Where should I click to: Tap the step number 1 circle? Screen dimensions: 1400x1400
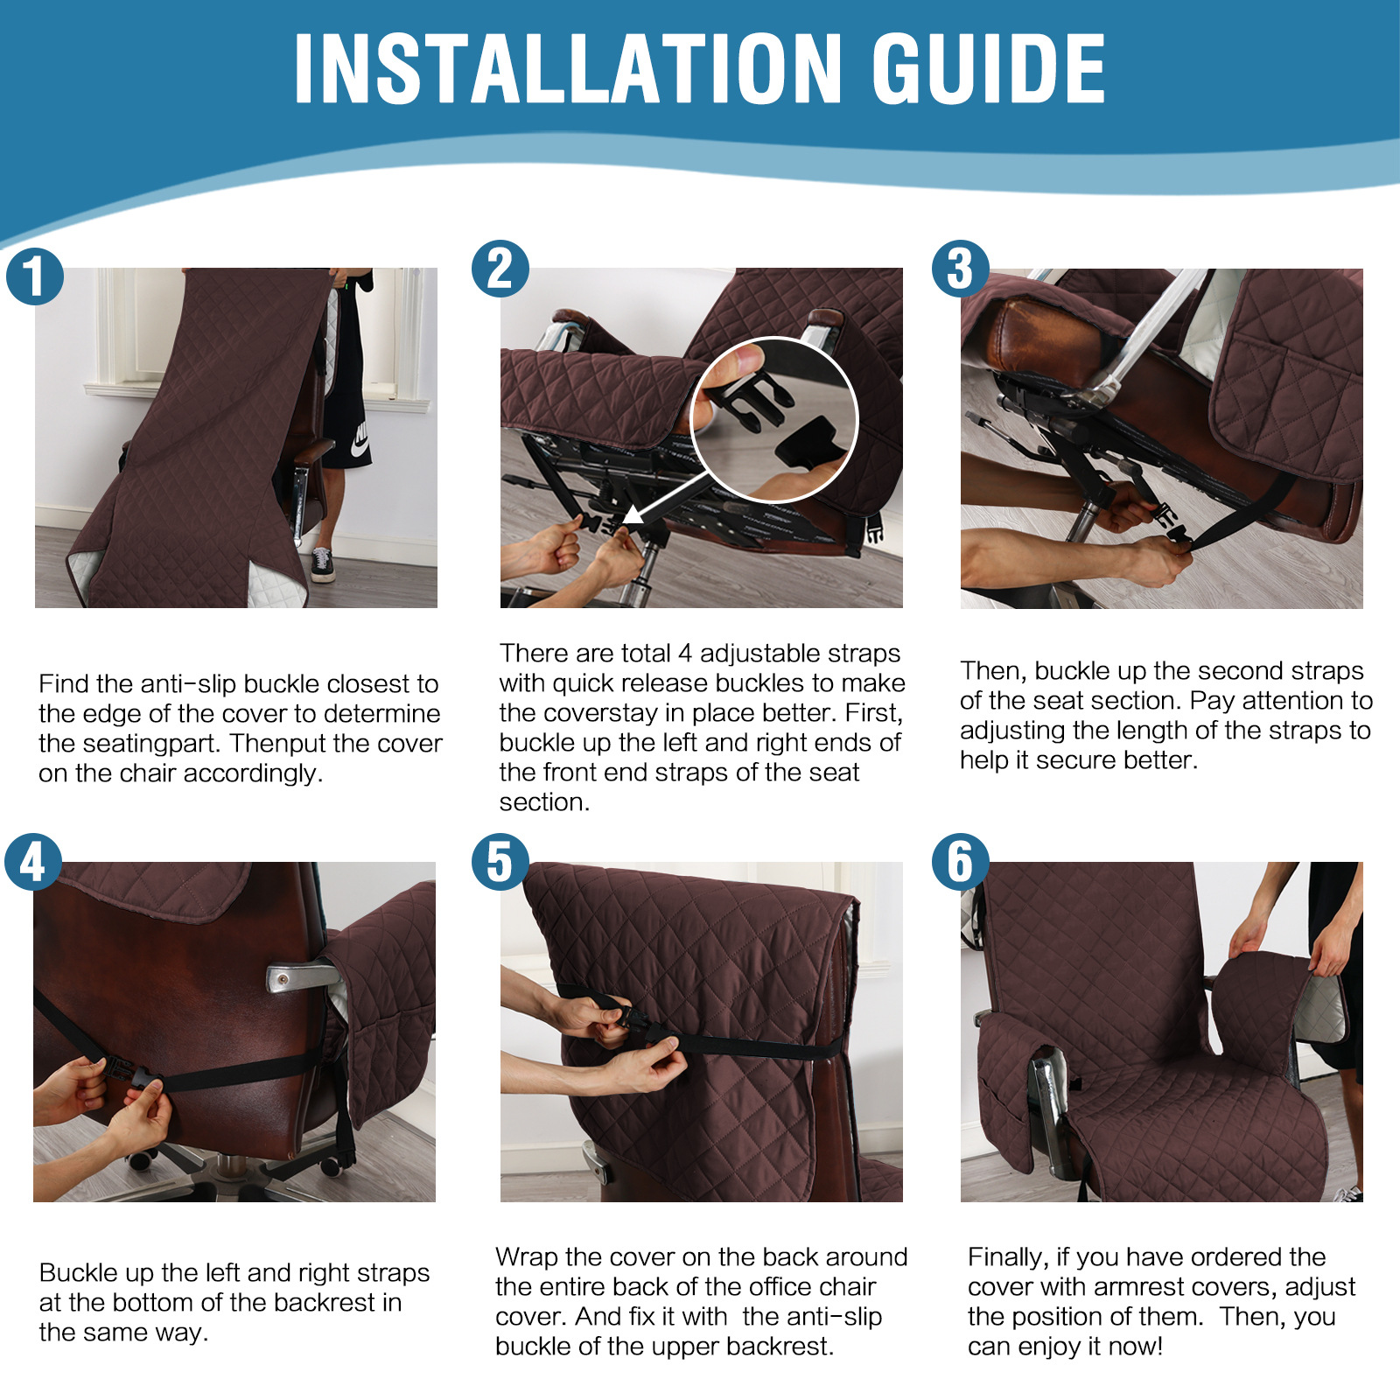[x=35, y=276]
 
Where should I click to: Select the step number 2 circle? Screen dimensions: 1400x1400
[x=500, y=269]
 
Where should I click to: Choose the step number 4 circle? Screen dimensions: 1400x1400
[x=33, y=862]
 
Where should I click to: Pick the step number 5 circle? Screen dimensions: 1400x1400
[x=500, y=862]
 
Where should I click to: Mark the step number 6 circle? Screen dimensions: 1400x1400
[x=961, y=862]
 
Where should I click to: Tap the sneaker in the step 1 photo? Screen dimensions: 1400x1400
[x=322, y=565]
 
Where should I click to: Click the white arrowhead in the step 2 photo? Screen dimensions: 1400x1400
[x=633, y=514]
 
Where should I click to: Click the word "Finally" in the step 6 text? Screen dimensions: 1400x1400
[x=1007, y=1258]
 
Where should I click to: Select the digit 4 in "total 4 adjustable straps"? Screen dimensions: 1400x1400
[x=685, y=654]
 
